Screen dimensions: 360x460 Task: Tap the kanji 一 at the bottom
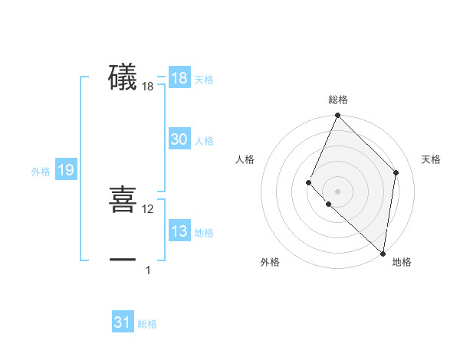pyautogui.click(x=123, y=260)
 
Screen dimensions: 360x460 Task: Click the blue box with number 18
pyautogui.click(x=179, y=78)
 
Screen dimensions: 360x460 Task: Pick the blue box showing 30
pyautogui.click(x=179, y=139)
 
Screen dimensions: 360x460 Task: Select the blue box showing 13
pyautogui.click(x=179, y=231)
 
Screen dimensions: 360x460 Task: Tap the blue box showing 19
pyautogui.click(x=66, y=170)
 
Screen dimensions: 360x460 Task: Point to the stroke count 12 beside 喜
pyautogui.click(x=148, y=209)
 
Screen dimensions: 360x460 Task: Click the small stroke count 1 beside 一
pyautogui.click(x=148, y=270)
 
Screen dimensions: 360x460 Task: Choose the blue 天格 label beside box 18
pyautogui.click(x=204, y=80)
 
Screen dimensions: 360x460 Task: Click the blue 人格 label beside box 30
pyautogui.click(x=204, y=141)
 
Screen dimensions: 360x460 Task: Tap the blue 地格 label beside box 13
pyautogui.click(x=204, y=233)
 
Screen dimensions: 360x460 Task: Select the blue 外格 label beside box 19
pyautogui.click(x=41, y=172)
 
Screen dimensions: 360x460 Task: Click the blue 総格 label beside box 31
pyautogui.click(x=147, y=324)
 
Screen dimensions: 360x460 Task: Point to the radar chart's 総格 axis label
pyautogui.click(x=338, y=100)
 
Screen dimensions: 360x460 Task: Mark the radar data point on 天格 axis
pyautogui.click(x=396, y=172)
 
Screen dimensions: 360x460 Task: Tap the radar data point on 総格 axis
pyautogui.click(x=338, y=116)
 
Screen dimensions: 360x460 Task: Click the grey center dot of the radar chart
pyautogui.click(x=338, y=191)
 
